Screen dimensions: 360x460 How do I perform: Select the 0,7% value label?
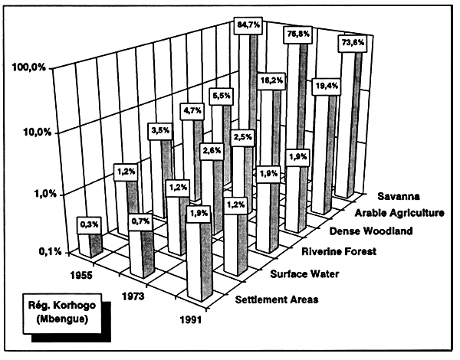point(140,221)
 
